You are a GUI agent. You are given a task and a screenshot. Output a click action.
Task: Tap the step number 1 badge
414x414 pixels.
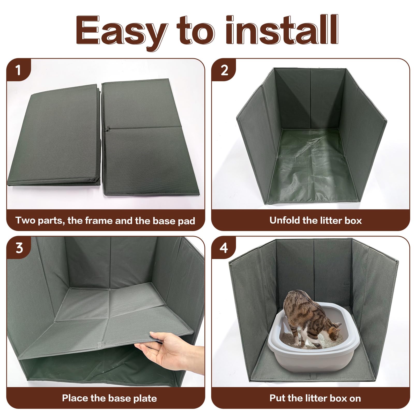[18, 70]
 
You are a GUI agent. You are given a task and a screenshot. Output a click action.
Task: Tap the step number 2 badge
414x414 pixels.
[224, 70]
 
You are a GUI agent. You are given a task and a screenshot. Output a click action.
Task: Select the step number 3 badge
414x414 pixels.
[19, 248]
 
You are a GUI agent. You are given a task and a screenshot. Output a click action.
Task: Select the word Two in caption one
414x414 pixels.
[24, 220]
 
